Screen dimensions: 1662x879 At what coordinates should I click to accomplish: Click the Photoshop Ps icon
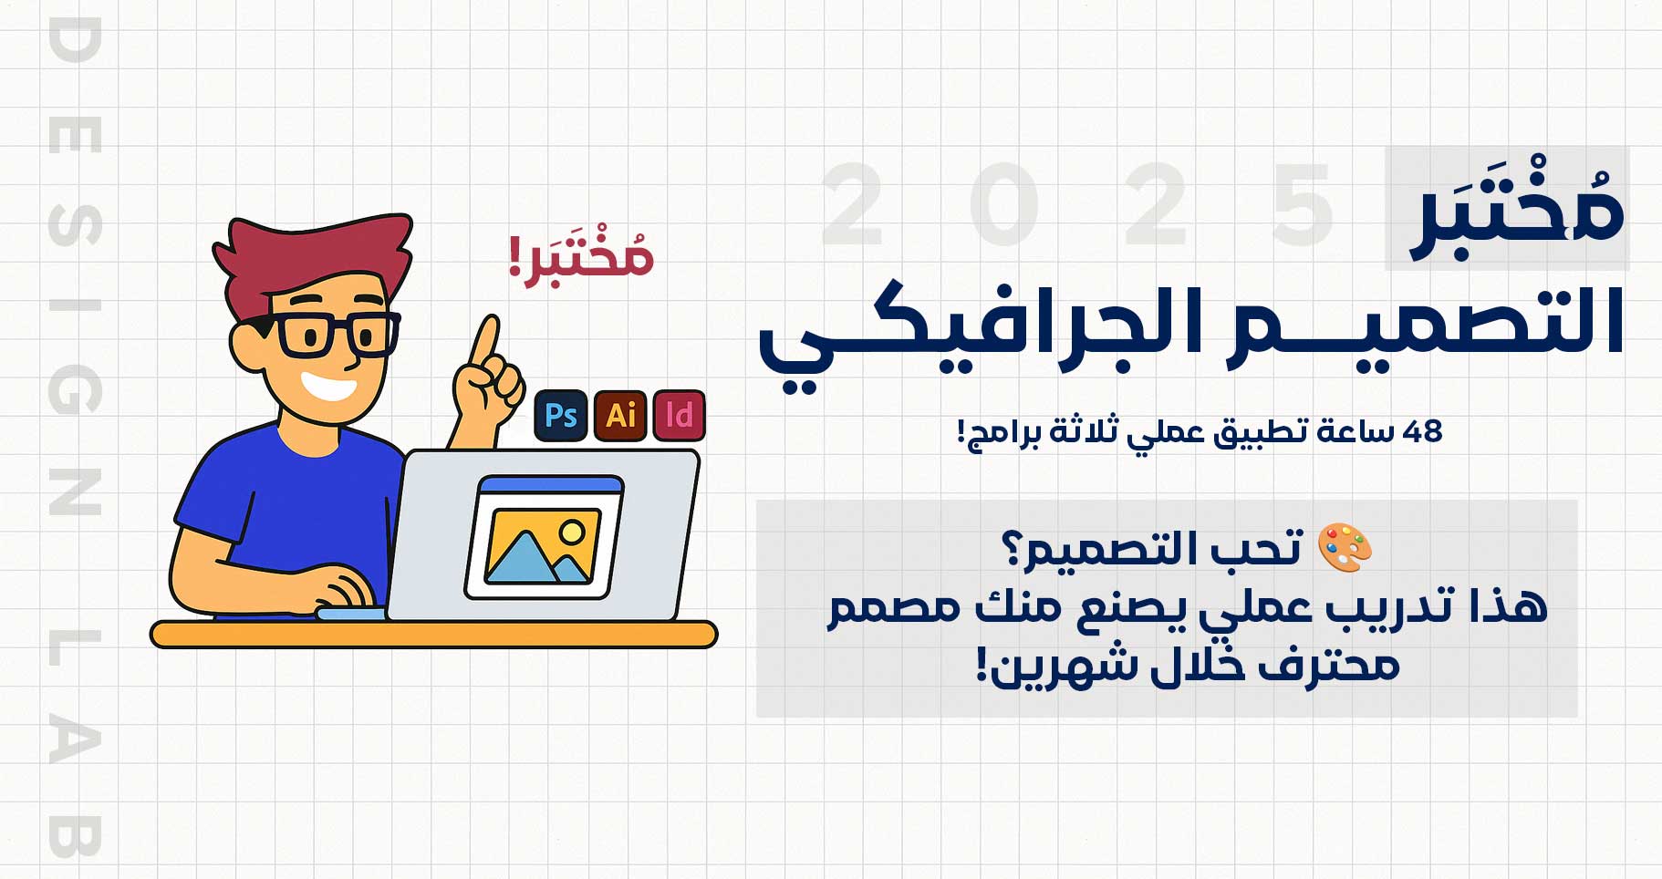pos(560,416)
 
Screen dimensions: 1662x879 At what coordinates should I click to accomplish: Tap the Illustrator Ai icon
pos(620,416)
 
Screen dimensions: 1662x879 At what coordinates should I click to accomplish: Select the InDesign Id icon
pos(680,416)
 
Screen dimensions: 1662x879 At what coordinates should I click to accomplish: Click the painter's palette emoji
pos(1345,547)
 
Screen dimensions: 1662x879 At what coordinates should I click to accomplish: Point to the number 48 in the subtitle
pos(1422,430)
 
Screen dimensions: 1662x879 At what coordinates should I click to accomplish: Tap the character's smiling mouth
pos(327,386)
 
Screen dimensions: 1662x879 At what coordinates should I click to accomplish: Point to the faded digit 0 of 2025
pos(1003,205)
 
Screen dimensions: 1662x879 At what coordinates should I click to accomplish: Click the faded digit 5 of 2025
pos(1304,205)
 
